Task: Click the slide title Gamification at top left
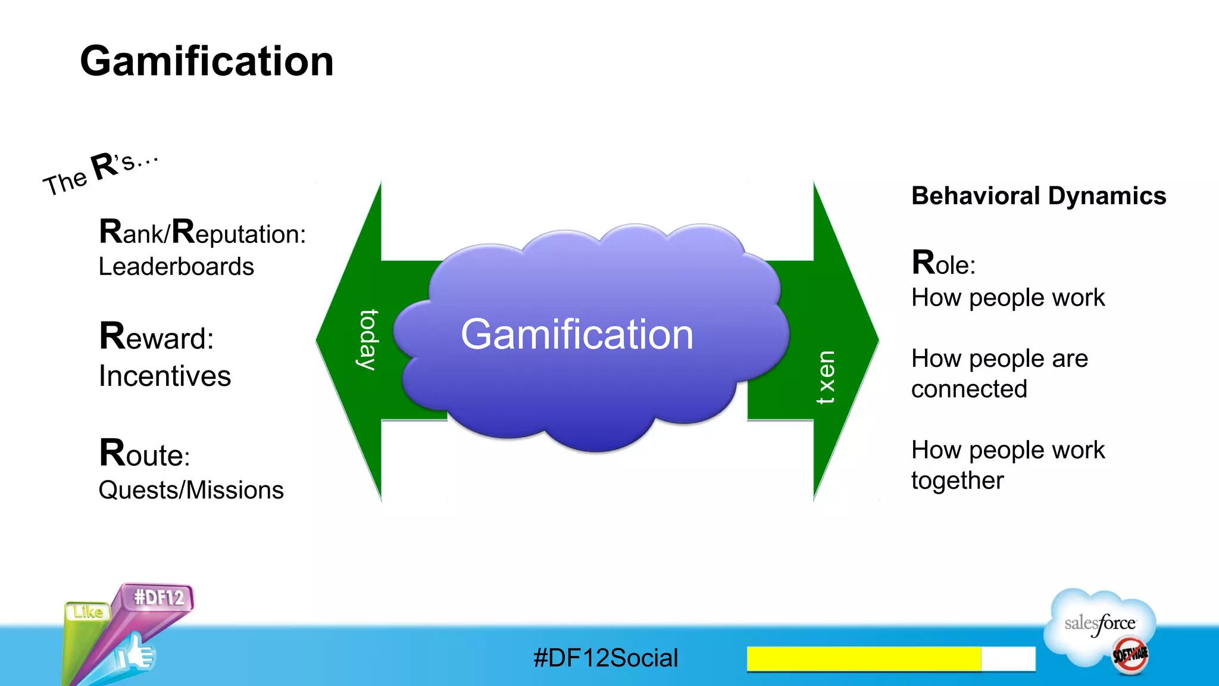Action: [207, 61]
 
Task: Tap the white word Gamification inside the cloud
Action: [577, 334]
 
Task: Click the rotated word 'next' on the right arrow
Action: [826, 378]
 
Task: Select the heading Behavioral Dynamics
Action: [1038, 196]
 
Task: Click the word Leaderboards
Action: [176, 267]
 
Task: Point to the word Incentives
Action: [165, 376]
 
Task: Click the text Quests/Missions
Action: [191, 490]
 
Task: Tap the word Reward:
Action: [156, 336]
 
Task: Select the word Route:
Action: [145, 454]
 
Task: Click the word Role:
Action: [943, 263]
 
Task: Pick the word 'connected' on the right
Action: [969, 389]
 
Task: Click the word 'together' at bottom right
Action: [957, 481]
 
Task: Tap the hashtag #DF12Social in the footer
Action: [605, 658]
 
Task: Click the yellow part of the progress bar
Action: [863, 659]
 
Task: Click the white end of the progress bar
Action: [1008, 659]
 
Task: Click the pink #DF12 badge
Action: [158, 597]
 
